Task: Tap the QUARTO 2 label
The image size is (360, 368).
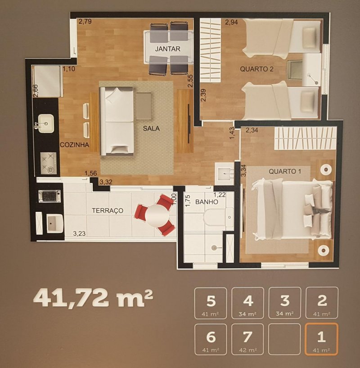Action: tap(257, 69)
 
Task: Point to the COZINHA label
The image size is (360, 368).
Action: tap(74, 145)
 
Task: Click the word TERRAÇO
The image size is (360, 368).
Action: tap(108, 211)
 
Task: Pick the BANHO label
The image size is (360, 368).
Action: tap(207, 202)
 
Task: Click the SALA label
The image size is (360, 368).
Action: tap(151, 128)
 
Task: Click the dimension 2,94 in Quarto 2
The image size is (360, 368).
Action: tap(231, 22)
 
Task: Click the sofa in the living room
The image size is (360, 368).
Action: tap(117, 120)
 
